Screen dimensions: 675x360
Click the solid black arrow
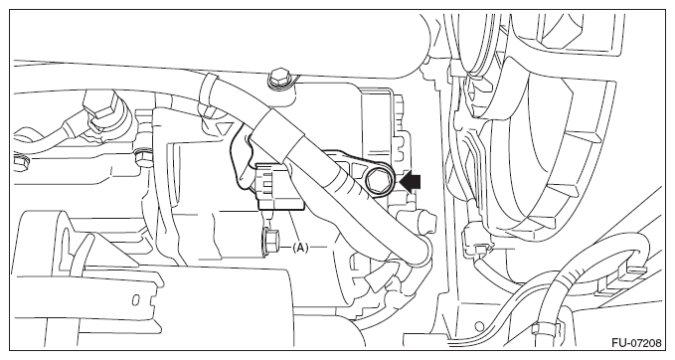[x=411, y=181]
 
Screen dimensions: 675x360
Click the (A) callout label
[x=300, y=248]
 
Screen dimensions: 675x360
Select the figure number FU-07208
[x=636, y=343]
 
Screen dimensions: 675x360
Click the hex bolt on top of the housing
[x=279, y=78]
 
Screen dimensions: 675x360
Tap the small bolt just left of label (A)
[x=270, y=243]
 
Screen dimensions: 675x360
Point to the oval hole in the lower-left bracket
[x=135, y=299]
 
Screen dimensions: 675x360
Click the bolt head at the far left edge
[x=20, y=162]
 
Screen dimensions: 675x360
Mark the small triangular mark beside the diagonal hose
[x=225, y=128]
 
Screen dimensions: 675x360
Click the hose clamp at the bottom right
[x=543, y=329]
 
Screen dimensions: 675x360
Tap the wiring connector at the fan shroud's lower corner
[x=475, y=245]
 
